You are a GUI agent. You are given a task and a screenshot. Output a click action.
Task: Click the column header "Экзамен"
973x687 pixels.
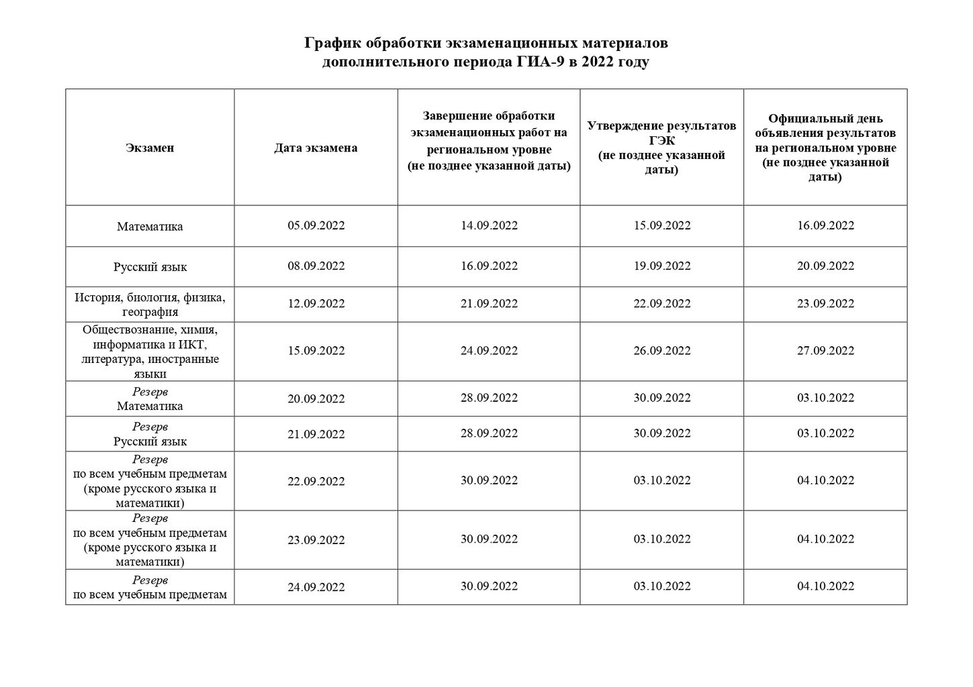click(x=150, y=148)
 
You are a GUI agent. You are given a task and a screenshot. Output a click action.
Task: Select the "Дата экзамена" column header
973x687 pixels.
click(x=316, y=148)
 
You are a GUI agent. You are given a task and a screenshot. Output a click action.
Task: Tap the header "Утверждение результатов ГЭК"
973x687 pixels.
click(x=661, y=148)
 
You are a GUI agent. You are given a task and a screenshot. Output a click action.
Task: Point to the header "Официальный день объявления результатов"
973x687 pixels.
click(x=825, y=148)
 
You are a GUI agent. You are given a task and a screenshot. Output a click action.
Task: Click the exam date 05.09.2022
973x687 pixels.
click(x=316, y=225)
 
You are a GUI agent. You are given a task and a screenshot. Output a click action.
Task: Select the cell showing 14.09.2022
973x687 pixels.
click(x=489, y=225)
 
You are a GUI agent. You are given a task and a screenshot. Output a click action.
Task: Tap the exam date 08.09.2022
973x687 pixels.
click(x=316, y=266)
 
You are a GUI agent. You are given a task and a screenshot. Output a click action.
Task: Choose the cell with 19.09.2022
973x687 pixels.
click(x=661, y=266)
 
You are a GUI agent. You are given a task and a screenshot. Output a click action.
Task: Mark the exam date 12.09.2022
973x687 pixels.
click(x=316, y=303)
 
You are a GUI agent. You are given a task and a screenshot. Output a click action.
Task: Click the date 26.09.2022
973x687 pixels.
click(x=661, y=350)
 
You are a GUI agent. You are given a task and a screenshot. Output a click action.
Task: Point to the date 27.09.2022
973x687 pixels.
click(x=825, y=350)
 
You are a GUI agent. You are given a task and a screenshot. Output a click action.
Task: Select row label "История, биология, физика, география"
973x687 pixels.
click(x=150, y=304)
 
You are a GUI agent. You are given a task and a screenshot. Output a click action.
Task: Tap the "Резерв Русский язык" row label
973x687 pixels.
click(x=150, y=434)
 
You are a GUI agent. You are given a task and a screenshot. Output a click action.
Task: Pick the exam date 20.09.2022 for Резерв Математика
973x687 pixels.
click(x=316, y=399)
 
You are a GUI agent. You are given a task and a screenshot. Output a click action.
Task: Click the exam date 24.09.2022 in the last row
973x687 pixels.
click(x=316, y=587)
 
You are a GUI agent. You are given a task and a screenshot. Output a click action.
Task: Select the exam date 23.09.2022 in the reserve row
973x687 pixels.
click(x=316, y=540)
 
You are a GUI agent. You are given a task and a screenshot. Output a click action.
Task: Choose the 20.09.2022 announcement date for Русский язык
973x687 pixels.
click(x=825, y=266)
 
